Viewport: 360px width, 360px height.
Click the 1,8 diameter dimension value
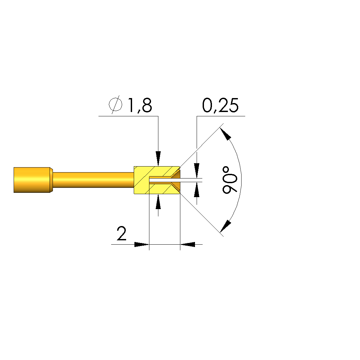pyautogui.click(x=140, y=105)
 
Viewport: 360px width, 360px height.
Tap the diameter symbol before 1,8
pyautogui.click(x=115, y=104)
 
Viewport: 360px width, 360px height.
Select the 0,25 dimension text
pyautogui.click(x=220, y=105)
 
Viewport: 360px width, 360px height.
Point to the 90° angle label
pyautogui.click(x=229, y=180)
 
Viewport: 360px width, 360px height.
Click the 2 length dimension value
pyautogui.click(x=121, y=233)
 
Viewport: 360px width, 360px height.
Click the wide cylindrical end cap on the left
pyautogui.click(x=32, y=180)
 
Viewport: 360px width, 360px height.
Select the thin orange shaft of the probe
pyautogui.click(x=93, y=180)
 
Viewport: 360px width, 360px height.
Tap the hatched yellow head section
pyautogui.click(x=157, y=180)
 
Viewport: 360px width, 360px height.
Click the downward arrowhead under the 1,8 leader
pyautogui.click(x=158, y=159)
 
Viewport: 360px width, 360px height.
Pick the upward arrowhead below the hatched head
pyautogui.click(x=158, y=202)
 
